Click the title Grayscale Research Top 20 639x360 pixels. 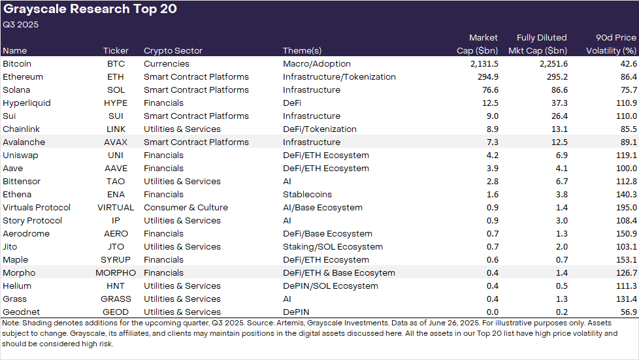point(90,9)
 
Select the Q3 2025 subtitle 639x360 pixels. point(21,25)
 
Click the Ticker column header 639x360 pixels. point(116,50)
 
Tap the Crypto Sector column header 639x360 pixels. point(173,50)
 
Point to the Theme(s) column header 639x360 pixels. point(302,50)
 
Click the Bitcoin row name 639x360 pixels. point(17,63)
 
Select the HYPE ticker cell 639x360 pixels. point(116,103)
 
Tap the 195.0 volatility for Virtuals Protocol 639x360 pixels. point(625,207)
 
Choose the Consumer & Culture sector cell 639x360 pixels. point(186,207)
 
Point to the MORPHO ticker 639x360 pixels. point(116,272)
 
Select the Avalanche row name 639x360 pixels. point(25,142)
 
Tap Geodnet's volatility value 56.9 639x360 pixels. point(628,312)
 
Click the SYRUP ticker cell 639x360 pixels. point(116,259)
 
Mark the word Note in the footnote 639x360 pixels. point(11,323)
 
